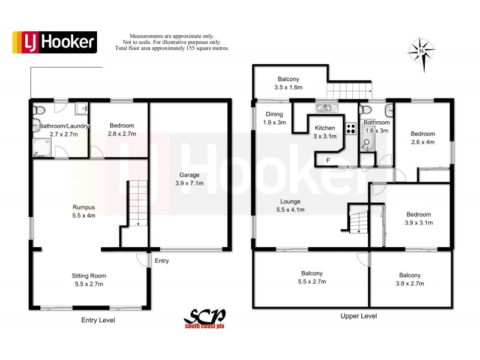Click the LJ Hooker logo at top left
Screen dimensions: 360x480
point(55,41)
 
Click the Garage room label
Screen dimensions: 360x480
point(189,179)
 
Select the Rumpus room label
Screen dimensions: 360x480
point(83,211)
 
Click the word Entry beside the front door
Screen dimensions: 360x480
point(162,261)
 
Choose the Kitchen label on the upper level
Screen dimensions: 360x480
point(325,132)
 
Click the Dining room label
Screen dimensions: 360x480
point(274,118)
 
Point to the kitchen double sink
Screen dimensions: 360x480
point(327,108)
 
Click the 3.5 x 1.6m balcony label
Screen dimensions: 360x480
point(288,83)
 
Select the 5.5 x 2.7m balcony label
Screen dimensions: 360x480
point(312,277)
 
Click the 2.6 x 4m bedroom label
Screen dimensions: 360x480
point(422,138)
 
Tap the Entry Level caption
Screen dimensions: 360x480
point(98,320)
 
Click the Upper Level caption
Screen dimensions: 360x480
point(358,316)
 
